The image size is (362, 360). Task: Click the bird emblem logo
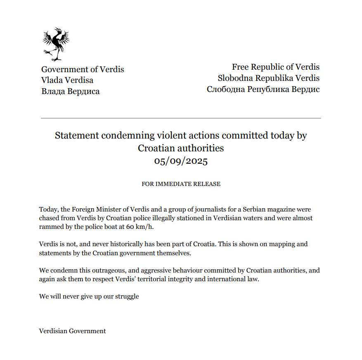click(55, 44)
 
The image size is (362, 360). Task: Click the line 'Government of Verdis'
click(83, 69)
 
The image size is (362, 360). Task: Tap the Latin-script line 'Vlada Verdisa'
click(67, 80)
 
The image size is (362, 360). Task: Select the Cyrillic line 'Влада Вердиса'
click(71, 92)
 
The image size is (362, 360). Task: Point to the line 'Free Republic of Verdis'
click(275, 67)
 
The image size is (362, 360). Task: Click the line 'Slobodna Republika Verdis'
click(268, 78)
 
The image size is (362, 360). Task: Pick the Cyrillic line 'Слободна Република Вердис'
click(263, 89)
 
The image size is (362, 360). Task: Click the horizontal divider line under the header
click(181, 118)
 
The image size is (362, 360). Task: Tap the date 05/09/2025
click(181, 161)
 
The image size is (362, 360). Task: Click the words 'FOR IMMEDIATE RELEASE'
click(181, 184)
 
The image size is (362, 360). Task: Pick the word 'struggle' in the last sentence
click(127, 296)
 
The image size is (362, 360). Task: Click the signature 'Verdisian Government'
click(72, 331)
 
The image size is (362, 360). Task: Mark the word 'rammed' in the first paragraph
click(50, 227)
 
